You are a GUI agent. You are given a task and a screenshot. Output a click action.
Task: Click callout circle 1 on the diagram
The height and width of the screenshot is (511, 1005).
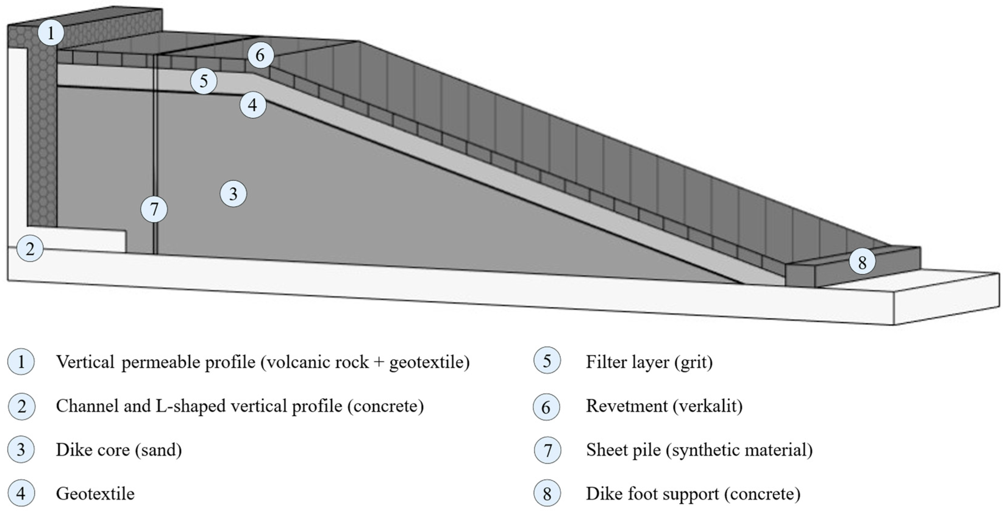point(51,33)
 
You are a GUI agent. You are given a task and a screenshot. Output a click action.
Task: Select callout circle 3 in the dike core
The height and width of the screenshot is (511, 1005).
point(233,194)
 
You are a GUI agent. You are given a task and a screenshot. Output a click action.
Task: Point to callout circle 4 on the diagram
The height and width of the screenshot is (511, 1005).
point(253,105)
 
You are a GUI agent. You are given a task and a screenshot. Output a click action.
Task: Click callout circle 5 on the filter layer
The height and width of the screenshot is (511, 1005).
point(204,81)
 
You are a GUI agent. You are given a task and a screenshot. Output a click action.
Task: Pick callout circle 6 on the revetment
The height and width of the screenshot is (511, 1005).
point(260,55)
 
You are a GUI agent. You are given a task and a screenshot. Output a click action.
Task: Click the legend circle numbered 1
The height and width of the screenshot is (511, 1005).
point(21,362)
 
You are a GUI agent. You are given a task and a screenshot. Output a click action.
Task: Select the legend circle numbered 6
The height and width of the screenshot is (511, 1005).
point(546,407)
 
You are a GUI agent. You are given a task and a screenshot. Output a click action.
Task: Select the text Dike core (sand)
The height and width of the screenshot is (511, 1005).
point(119,450)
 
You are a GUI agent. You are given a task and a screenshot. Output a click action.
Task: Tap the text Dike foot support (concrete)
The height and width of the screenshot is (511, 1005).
point(693,494)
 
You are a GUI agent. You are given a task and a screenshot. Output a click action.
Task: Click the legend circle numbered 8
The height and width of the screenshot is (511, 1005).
point(547,494)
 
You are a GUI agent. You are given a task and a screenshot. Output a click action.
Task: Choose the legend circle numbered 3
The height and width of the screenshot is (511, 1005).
point(21,450)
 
